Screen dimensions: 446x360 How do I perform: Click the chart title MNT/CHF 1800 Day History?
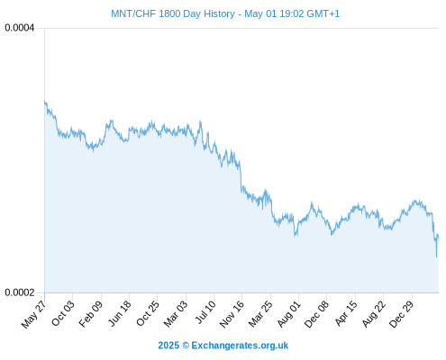pyautogui.click(x=173, y=13)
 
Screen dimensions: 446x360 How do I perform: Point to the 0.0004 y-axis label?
pyautogui.click(x=20, y=28)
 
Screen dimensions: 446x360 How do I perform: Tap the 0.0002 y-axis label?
pyautogui.click(x=20, y=292)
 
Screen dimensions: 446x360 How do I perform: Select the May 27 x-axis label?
pyautogui.click(x=33, y=314)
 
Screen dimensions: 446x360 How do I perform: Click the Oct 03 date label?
pyautogui.click(x=62, y=313)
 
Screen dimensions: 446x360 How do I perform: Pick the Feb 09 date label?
pyautogui.click(x=90, y=314)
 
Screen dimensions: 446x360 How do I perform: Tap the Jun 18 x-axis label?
pyautogui.click(x=119, y=313)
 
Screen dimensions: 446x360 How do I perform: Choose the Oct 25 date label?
pyautogui.click(x=147, y=313)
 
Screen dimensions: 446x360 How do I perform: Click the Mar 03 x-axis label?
pyautogui.click(x=176, y=314)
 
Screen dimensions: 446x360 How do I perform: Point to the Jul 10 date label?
pyautogui.click(x=205, y=312)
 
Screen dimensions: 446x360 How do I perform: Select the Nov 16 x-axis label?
pyautogui.click(x=232, y=314)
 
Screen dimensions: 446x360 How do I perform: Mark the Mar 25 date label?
pyautogui.click(x=260, y=314)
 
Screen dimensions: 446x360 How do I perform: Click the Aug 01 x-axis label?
pyautogui.click(x=288, y=314)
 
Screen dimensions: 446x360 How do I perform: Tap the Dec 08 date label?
pyautogui.click(x=316, y=314)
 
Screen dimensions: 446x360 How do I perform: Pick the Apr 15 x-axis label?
pyautogui.click(x=346, y=313)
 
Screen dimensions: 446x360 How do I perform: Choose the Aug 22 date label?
pyautogui.click(x=373, y=314)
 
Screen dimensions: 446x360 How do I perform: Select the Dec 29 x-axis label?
pyautogui.click(x=401, y=314)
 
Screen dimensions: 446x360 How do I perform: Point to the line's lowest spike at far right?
pyautogui.click(x=436, y=257)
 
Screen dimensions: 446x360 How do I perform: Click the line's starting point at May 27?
pyautogui.click(x=45, y=102)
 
